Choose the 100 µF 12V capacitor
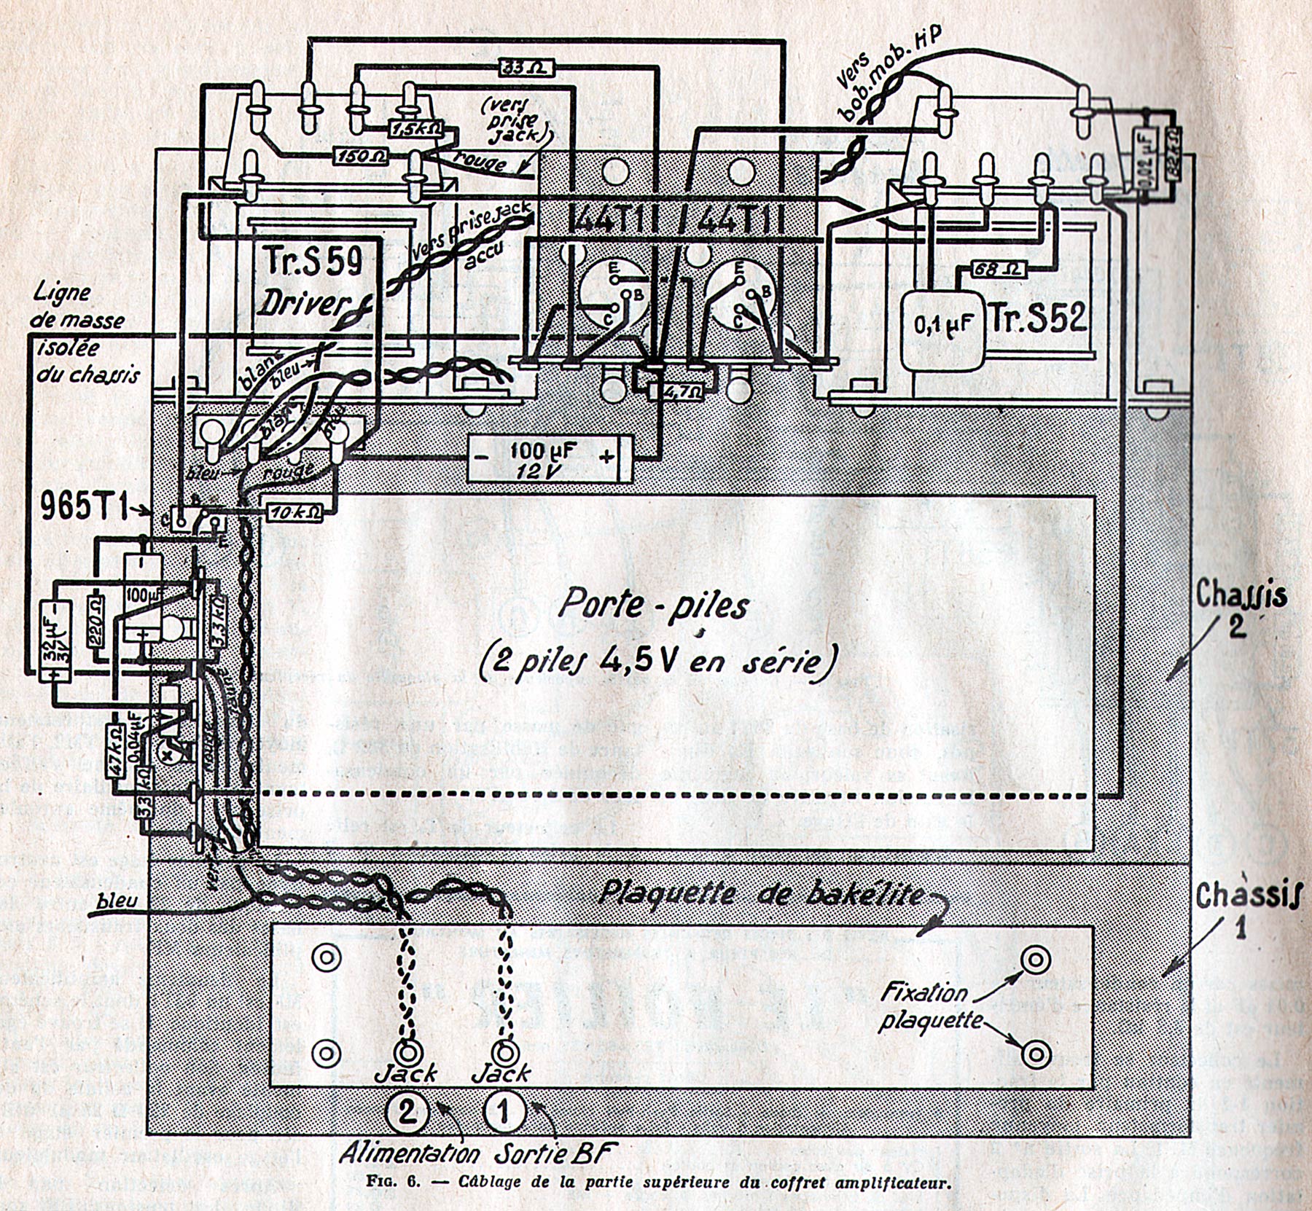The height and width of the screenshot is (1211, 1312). coord(550,458)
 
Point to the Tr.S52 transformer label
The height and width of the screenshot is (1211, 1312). coord(1039,318)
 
